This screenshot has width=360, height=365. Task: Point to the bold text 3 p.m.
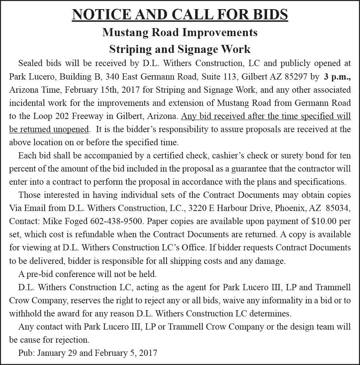click(x=337, y=76)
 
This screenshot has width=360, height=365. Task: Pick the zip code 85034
click(x=338, y=208)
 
